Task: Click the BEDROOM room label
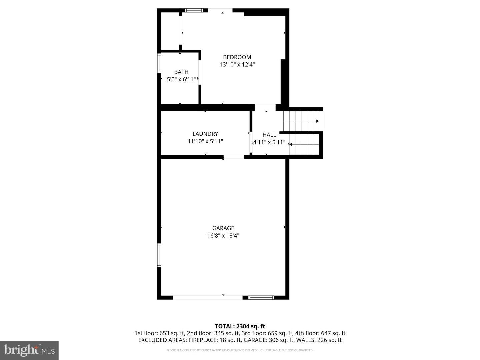[x=237, y=57]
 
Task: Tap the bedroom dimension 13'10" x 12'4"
[x=237, y=65]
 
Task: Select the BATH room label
[x=181, y=72]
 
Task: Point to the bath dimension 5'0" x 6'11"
[x=181, y=79]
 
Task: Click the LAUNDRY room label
[x=205, y=134]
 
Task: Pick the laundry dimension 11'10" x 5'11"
[x=205, y=141]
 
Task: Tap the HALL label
[x=269, y=135]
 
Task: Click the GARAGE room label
[x=223, y=228]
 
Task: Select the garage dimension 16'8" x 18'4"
[x=223, y=236]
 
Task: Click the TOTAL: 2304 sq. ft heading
[x=240, y=326]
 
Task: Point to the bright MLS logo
[x=29, y=350]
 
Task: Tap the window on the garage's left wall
[x=159, y=255]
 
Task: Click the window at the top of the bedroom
[x=194, y=10]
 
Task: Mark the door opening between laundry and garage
[x=234, y=157]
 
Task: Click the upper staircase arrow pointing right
[x=317, y=121]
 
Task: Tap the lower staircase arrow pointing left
[x=291, y=144]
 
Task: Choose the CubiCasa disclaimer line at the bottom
[x=240, y=350]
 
